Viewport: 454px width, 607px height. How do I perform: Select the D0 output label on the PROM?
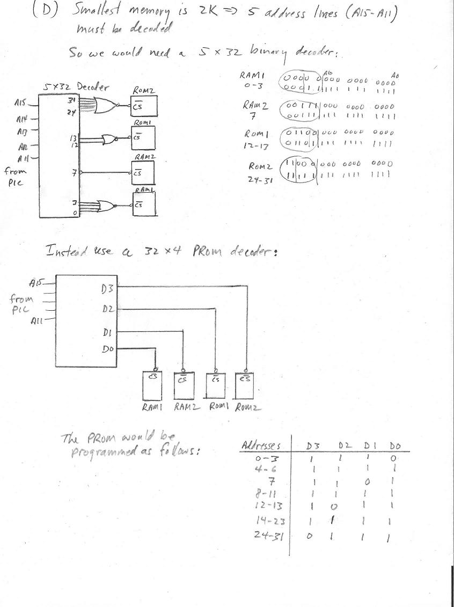pyautogui.click(x=107, y=349)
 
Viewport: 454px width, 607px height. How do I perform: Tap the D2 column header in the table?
pyautogui.click(x=345, y=446)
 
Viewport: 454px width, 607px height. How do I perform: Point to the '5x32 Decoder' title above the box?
pyautogui.click(x=70, y=87)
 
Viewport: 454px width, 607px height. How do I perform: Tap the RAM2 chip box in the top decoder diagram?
pyautogui.click(x=143, y=173)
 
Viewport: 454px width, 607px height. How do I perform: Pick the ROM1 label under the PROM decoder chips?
pyautogui.click(x=218, y=407)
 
